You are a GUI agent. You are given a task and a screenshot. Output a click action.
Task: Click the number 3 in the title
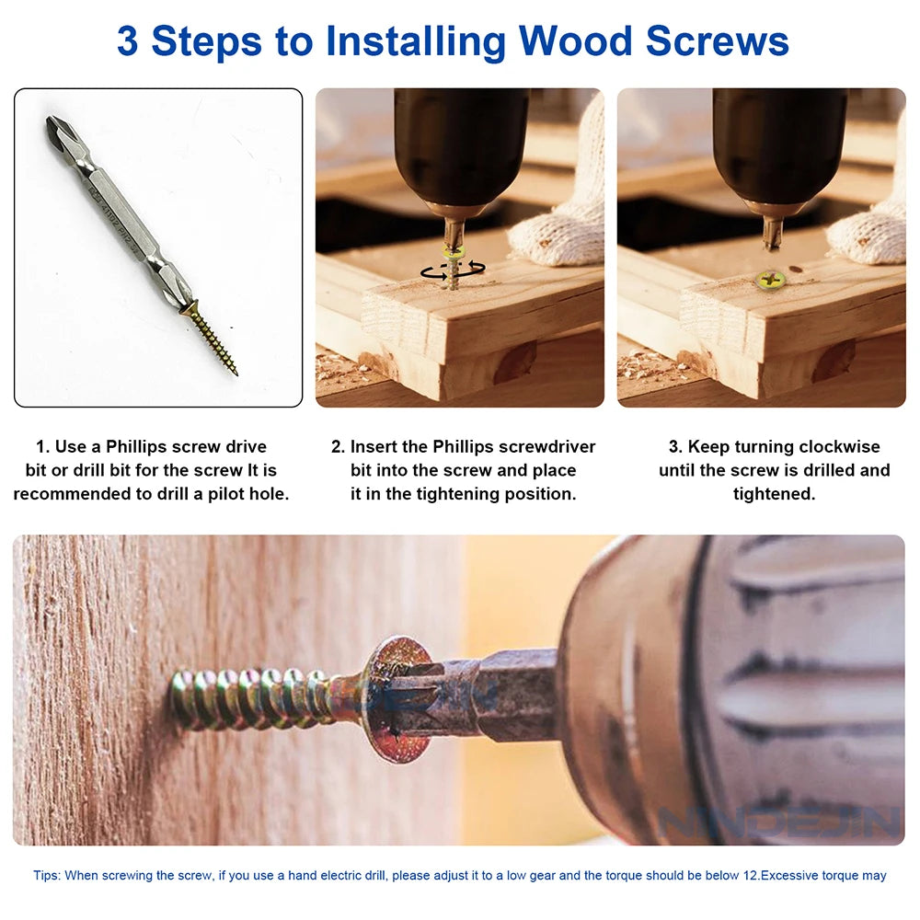coord(128,41)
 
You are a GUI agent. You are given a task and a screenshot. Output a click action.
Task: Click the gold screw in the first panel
coord(211,338)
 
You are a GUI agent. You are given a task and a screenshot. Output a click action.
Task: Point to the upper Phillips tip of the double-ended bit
coord(61,134)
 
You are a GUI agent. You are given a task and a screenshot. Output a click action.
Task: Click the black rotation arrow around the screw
coord(453,270)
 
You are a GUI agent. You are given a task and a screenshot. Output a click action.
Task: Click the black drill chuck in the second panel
coord(460,147)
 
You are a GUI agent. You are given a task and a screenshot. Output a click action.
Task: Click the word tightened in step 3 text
coord(773,494)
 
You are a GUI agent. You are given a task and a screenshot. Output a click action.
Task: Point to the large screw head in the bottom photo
coord(394,698)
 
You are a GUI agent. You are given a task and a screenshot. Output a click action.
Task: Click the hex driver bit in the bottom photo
coord(497,695)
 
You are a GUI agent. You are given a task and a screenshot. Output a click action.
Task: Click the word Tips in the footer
coord(47,875)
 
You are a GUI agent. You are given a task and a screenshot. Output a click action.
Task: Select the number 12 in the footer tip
coord(750,875)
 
